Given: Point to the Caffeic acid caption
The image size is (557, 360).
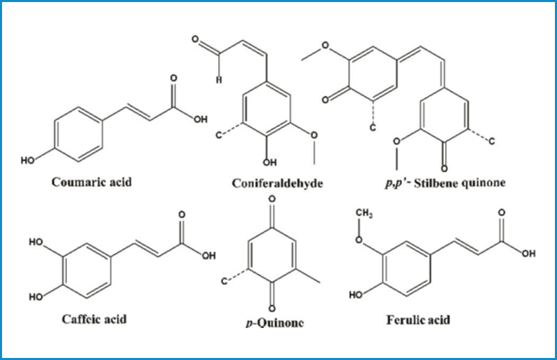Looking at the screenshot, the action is pos(94,319).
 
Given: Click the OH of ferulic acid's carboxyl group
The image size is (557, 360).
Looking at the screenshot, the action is pos(528,253).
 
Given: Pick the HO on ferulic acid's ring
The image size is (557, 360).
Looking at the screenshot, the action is pos(356,296).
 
